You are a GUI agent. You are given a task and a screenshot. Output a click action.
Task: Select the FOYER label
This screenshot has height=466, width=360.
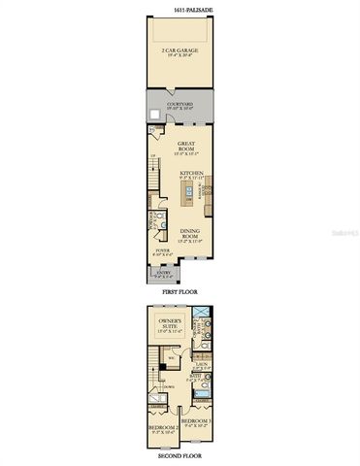(x=163, y=250)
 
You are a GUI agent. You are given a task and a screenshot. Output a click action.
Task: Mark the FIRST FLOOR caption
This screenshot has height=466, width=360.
(x=180, y=291)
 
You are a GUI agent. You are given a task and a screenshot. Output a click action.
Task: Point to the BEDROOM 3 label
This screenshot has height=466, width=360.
(x=196, y=423)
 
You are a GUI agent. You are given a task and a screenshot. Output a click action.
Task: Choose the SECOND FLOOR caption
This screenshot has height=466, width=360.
(x=180, y=454)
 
